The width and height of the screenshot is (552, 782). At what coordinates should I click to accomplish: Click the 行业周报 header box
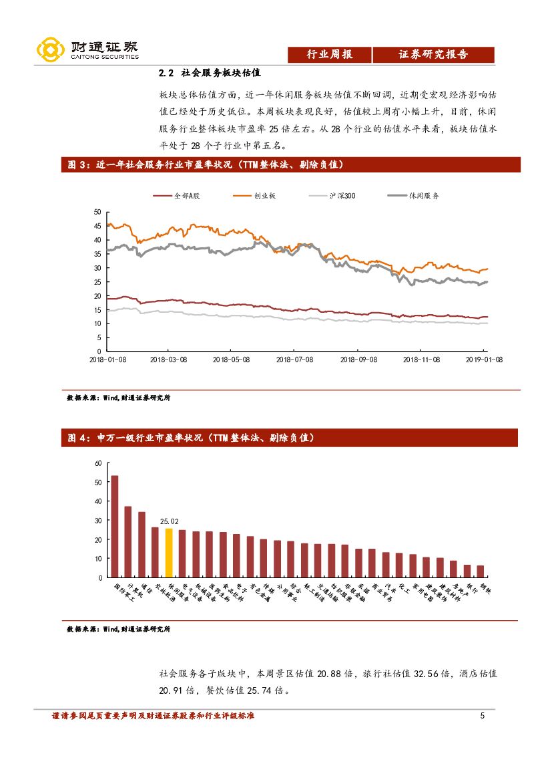point(329,55)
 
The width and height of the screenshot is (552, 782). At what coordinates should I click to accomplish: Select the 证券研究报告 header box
point(433,55)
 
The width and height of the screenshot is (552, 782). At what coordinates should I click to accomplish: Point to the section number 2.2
point(166,73)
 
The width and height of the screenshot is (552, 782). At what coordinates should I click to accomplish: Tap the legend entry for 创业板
point(254,196)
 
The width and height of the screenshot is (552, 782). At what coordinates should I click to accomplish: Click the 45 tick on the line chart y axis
point(97,226)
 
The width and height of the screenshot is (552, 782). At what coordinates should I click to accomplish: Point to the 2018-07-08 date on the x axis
point(294,359)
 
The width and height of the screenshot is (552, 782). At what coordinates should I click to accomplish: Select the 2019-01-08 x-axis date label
point(483,359)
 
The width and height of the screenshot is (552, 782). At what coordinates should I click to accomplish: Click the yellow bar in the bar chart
point(169,553)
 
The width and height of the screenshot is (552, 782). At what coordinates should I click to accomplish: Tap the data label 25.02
point(169,521)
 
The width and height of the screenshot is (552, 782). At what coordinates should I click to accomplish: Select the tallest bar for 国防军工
point(115,526)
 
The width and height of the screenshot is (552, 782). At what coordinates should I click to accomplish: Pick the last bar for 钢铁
point(480,571)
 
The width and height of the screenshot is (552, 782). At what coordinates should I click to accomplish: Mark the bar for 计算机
point(128,541)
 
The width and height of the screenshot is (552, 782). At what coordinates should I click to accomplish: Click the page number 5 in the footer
point(482,716)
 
